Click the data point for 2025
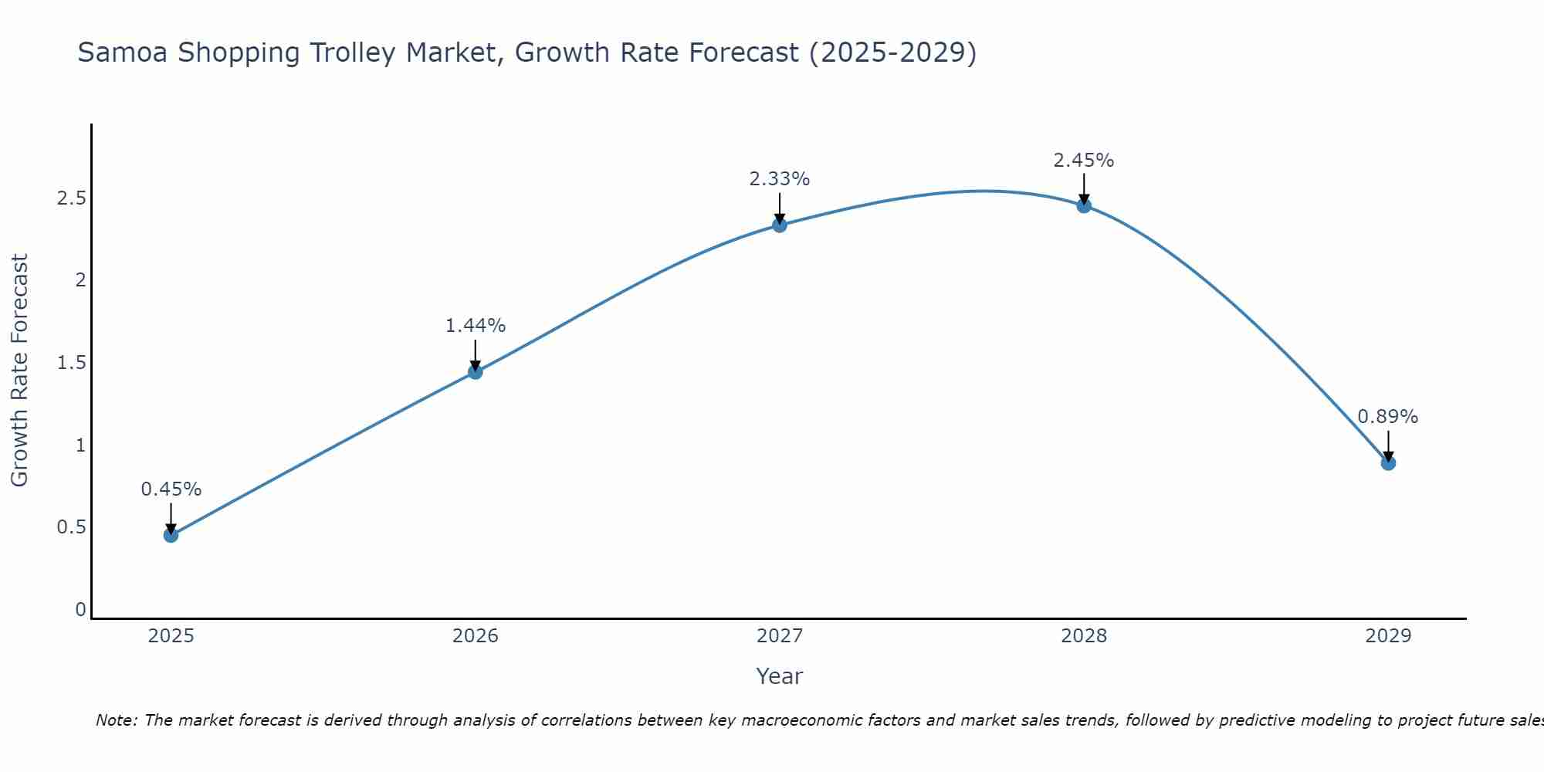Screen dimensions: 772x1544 pos(171,535)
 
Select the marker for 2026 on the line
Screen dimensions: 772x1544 pos(475,372)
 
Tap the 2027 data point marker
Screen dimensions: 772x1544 pos(779,225)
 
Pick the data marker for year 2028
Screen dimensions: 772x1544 pos(1083,205)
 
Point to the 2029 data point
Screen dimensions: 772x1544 pos(1387,463)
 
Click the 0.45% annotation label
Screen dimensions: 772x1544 pos(171,489)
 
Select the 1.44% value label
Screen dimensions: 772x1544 pos(475,326)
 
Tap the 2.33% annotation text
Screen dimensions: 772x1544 pos(779,179)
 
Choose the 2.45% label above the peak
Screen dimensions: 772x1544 pos(1083,161)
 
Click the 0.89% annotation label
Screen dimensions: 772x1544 pos(1387,417)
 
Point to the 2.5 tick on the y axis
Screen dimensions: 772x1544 pos(71,198)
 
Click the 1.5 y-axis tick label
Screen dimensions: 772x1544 pos(71,363)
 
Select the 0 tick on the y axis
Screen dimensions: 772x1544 pos(80,610)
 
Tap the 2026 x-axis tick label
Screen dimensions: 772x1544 pos(475,636)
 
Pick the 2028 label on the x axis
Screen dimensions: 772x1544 pos(1083,636)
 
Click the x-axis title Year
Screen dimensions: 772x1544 pos(779,676)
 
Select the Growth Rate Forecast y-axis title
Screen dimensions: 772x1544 pos(19,371)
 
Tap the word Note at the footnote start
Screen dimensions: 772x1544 pos(116,720)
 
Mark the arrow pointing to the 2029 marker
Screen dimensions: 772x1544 pos(1387,446)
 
